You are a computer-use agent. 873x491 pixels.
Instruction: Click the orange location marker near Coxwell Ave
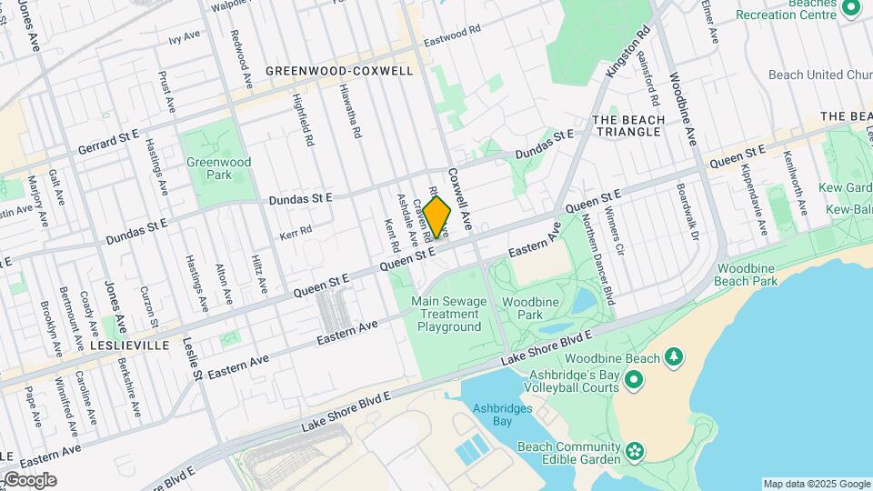pos(437,216)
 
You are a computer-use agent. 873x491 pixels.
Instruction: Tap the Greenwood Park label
pos(206,168)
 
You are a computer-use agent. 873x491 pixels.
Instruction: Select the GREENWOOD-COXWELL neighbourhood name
pos(339,71)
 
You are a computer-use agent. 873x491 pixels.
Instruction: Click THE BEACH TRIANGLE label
pos(627,125)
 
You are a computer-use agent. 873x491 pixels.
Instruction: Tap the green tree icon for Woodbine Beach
pos(674,356)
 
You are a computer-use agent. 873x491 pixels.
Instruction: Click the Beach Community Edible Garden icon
pos(635,449)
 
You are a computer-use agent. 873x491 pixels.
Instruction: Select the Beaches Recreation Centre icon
pos(851,9)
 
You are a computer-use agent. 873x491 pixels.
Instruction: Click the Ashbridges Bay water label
pos(502,415)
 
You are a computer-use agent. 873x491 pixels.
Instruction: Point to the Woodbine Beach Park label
pos(747,275)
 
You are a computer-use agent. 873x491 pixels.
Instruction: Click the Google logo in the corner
pos(30,480)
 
